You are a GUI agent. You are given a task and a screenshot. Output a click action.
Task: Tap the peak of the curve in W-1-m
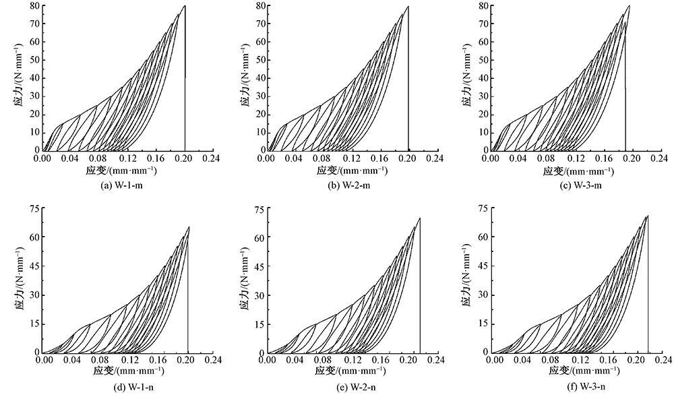click(x=184, y=7)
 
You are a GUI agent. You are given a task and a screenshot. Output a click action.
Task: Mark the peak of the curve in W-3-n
click(x=647, y=216)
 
